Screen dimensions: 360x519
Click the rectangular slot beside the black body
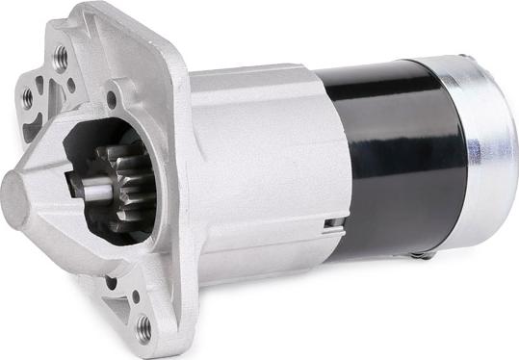click(331, 227)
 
